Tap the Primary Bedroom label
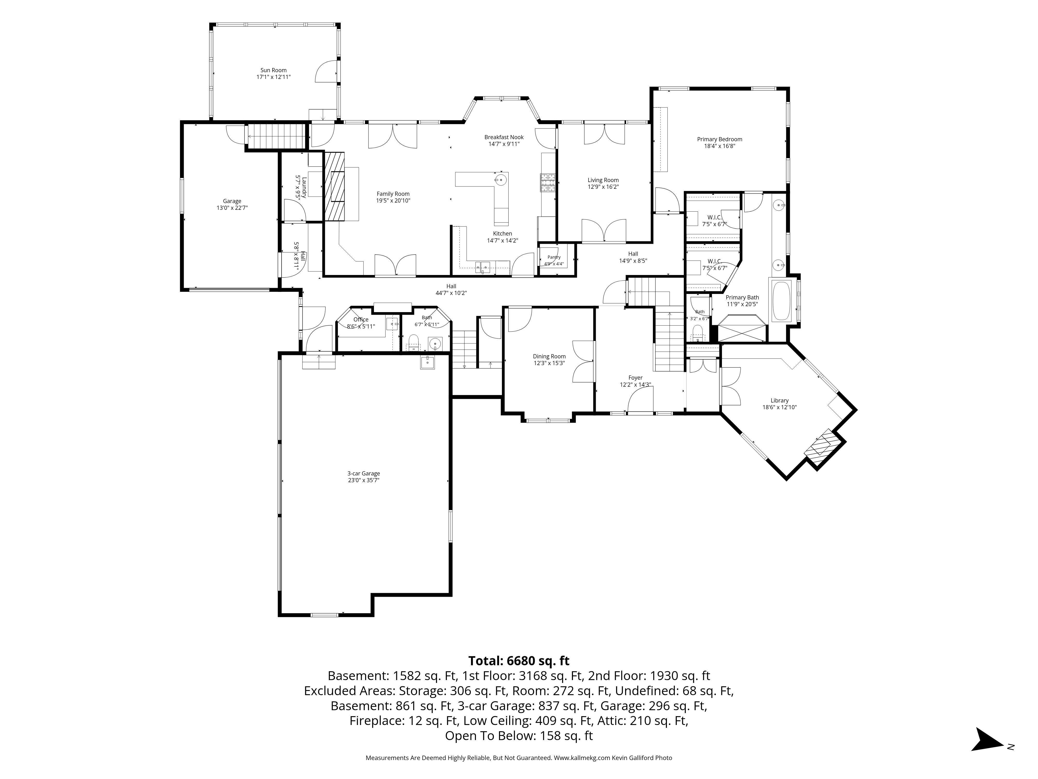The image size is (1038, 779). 719,139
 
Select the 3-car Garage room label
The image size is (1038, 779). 364,474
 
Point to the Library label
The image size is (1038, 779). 780,400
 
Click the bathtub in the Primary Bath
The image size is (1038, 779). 781,300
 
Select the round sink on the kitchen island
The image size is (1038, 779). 501,179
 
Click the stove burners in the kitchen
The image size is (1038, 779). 548,183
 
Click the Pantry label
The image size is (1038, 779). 554,257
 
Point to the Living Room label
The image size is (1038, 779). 603,180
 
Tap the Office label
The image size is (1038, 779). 361,320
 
